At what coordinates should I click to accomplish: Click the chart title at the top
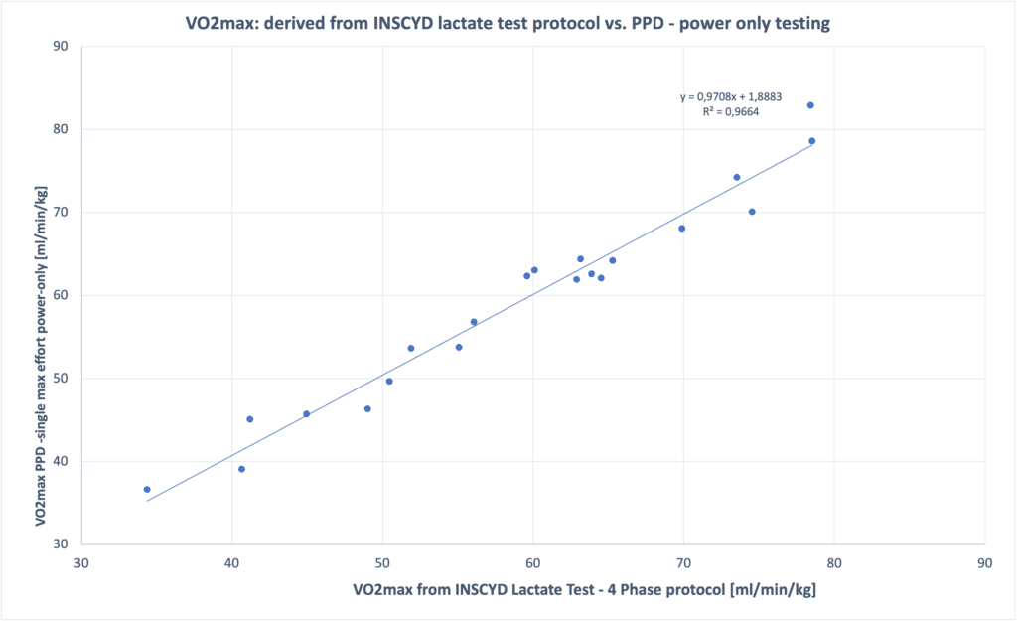coord(508,24)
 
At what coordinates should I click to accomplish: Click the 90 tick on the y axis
coord(61,46)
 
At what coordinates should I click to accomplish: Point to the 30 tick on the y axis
coord(61,544)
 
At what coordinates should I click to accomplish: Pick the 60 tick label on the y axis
coord(61,295)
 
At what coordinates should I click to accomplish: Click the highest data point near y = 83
coord(810,105)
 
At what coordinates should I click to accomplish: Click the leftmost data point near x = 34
coord(147,489)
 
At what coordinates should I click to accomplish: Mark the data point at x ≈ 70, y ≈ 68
coord(682,229)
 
